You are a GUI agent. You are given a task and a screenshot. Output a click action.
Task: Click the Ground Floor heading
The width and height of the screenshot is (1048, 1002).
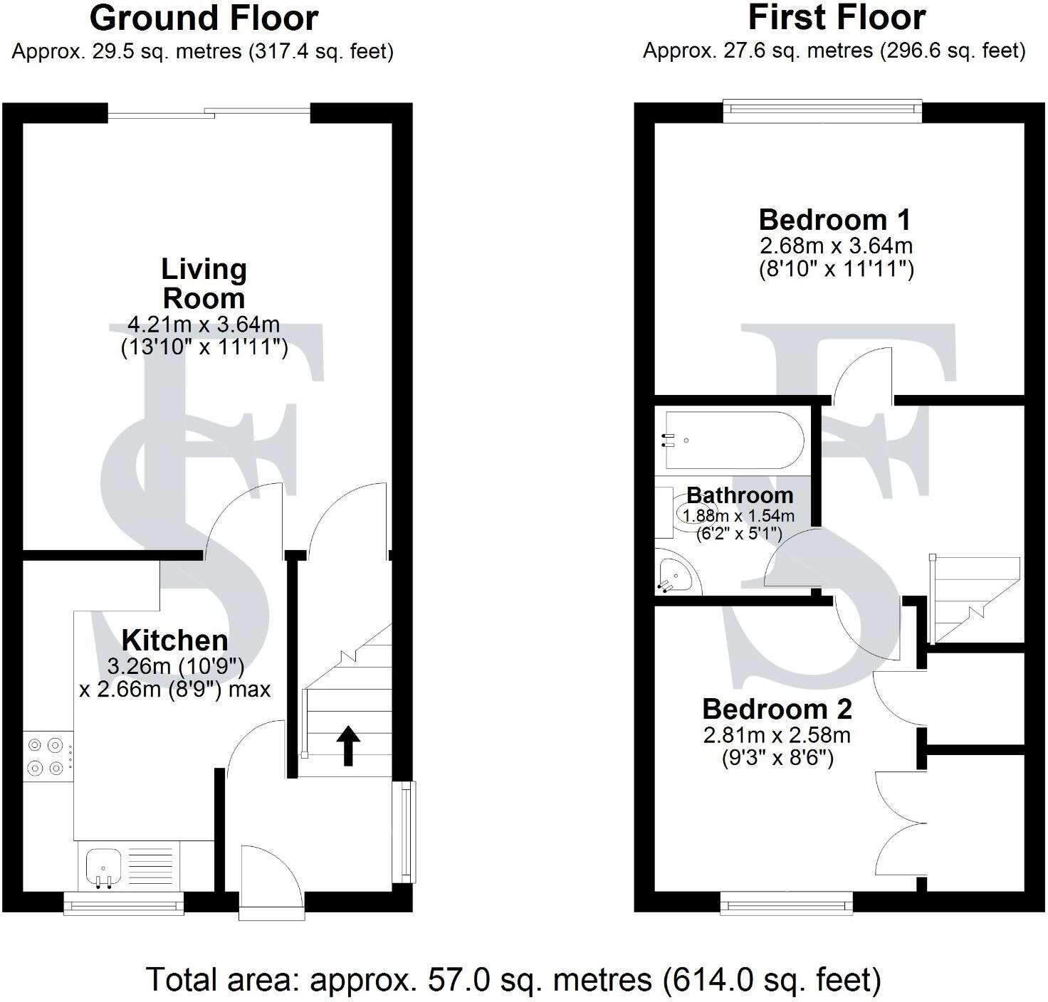[204, 19]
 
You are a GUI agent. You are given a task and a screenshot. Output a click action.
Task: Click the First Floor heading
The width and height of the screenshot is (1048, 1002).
[837, 19]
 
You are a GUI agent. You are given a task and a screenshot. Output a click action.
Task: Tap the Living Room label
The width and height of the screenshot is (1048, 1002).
[204, 283]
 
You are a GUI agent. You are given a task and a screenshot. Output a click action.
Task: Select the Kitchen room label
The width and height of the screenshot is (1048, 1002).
[174, 640]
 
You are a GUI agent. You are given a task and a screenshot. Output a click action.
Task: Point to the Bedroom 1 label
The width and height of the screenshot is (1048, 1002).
[835, 220]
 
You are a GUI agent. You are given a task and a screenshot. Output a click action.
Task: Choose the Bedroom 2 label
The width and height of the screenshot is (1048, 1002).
[777, 710]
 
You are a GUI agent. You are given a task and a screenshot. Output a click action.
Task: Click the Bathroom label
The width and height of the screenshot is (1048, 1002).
[740, 495]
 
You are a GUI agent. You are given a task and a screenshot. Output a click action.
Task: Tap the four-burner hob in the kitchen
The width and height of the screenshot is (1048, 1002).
[45, 756]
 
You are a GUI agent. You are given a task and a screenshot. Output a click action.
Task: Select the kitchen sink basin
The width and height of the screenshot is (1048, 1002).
[104, 867]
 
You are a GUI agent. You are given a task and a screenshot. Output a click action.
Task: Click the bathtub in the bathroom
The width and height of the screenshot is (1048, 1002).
[733, 440]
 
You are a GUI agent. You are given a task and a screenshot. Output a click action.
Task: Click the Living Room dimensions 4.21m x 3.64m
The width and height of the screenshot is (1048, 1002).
[204, 325]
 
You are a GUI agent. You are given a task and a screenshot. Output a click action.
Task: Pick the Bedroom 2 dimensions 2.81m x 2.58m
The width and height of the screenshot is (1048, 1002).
[777, 735]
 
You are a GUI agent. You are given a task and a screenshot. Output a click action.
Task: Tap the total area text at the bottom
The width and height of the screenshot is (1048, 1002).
[513, 980]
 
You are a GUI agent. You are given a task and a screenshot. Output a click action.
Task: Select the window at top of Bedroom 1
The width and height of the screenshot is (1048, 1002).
[822, 108]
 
